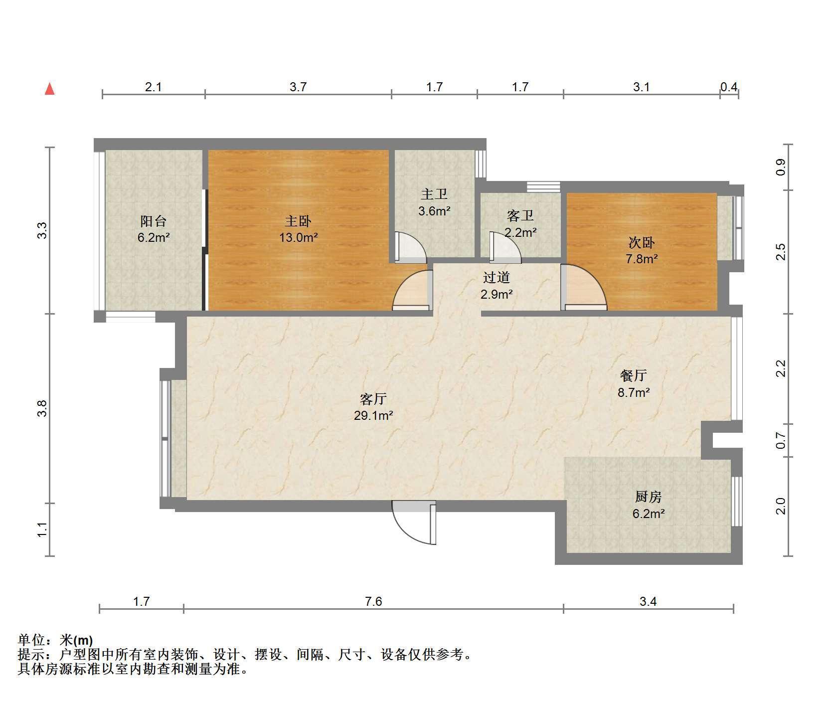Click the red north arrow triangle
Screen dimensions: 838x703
49,89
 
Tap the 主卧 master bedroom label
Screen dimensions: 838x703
298,220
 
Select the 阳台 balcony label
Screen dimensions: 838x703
153,220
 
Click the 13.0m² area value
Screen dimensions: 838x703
298,237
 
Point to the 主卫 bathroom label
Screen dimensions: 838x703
434,193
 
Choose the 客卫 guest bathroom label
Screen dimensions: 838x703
520,215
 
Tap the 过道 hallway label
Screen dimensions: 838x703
497,277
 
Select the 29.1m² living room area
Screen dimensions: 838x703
373,415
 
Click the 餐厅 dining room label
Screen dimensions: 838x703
634,375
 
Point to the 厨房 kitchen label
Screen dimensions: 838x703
648,497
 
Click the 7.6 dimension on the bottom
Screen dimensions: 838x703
373,602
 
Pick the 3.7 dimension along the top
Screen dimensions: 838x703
298,87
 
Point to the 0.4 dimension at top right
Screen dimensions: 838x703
729,87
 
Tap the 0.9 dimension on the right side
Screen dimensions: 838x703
781,167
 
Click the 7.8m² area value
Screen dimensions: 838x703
642,259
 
